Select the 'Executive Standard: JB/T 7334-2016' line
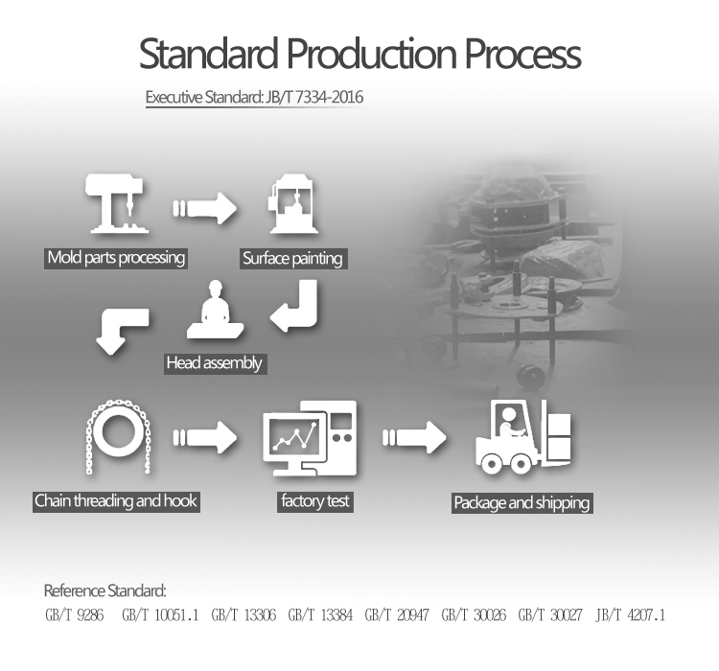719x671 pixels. point(254,98)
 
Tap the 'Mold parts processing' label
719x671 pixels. point(116,258)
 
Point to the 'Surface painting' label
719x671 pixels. point(292,258)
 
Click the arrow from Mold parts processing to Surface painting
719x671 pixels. point(204,207)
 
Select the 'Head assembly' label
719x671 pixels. point(214,363)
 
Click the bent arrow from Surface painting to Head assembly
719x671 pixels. point(296,308)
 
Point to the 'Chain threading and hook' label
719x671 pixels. point(116,500)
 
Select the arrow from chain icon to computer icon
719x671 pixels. point(204,440)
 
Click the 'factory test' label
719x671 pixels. point(315,500)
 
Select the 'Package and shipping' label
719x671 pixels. point(522,502)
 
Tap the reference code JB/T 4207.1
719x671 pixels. point(630,614)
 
